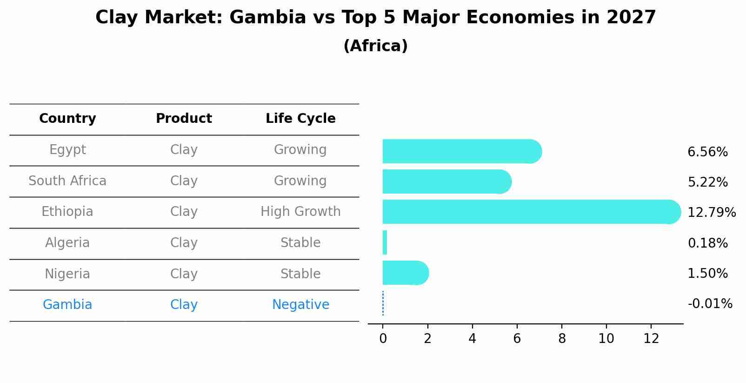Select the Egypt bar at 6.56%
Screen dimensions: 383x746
[460, 151]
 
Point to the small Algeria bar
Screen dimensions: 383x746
[385, 242]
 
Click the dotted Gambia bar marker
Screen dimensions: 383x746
[383, 303]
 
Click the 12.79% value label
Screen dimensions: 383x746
[711, 213]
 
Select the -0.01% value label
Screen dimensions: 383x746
[710, 304]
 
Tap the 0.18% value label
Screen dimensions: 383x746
[707, 243]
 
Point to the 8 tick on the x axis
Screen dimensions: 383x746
[562, 339]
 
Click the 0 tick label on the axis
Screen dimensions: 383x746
[383, 339]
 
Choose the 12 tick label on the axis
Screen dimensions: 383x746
[651, 339]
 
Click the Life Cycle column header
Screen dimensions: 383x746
[300, 119]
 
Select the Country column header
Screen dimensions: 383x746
[67, 119]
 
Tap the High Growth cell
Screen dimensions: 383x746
[300, 212]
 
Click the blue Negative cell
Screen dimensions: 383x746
[300, 305]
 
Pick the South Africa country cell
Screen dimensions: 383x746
[67, 181]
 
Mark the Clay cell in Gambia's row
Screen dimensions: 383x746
[184, 305]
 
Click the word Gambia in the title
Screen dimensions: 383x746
[267, 18]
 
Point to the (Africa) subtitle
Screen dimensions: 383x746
[375, 46]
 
